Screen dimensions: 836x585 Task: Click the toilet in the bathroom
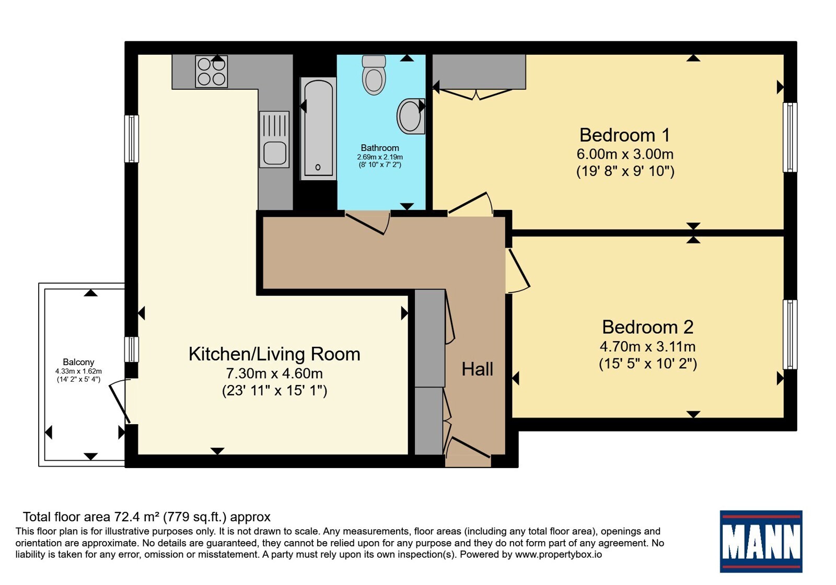pyautogui.click(x=374, y=75)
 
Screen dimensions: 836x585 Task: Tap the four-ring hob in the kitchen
pyautogui.click(x=211, y=72)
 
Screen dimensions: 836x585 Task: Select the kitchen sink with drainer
pyautogui.click(x=274, y=139)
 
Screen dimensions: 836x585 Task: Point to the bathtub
pyautogui.click(x=318, y=128)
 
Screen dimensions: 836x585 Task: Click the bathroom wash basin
pyautogui.click(x=411, y=116)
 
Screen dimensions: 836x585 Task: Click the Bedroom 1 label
pyautogui.click(x=625, y=135)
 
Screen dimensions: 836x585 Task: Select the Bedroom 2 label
pyautogui.click(x=647, y=327)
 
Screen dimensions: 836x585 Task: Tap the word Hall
pyautogui.click(x=478, y=369)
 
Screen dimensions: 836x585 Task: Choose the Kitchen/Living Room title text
pyautogui.click(x=274, y=355)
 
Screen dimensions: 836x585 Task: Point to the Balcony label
pyautogui.click(x=78, y=362)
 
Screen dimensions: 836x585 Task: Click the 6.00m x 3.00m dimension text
pyautogui.click(x=625, y=154)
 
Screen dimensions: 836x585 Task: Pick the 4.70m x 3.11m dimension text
pyautogui.click(x=647, y=347)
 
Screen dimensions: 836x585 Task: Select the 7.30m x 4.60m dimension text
pyautogui.click(x=274, y=373)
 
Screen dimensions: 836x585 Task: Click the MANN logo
pyautogui.click(x=761, y=541)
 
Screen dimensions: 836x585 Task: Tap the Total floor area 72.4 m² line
pyautogui.click(x=147, y=517)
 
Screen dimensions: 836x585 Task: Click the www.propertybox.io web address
pyautogui.click(x=559, y=554)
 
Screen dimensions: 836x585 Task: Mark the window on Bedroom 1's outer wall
pyautogui.click(x=789, y=137)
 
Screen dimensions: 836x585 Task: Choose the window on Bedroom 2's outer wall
pyautogui.click(x=789, y=335)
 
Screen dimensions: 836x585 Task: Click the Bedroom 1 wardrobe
pyautogui.click(x=479, y=72)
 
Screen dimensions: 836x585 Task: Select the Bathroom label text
pyautogui.click(x=379, y=148)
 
